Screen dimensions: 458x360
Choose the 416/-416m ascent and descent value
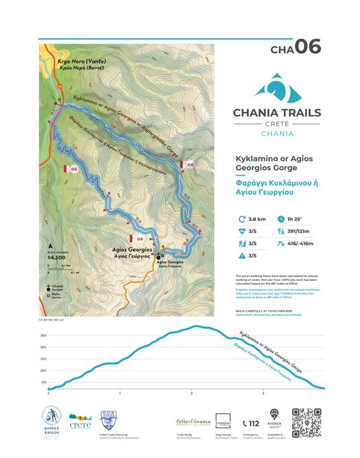(x=300, y=243)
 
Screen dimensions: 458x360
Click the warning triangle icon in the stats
(x=241, y=256)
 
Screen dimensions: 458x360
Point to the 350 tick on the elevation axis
(x=43, y=336)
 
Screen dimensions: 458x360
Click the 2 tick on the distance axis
(x=191, y=392)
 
